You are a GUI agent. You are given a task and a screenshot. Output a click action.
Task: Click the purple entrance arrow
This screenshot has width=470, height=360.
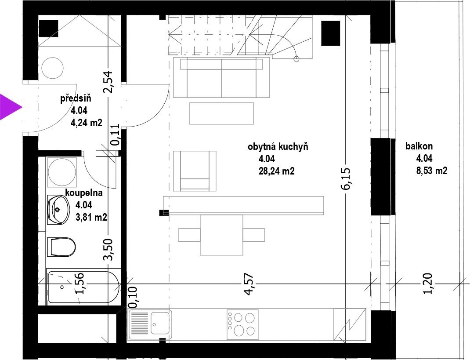[x=9, y=107]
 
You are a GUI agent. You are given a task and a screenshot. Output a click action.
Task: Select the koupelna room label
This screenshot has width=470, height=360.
[x=84, y=193]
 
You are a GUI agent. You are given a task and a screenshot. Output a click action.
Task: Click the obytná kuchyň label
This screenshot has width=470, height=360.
[x=278, y=147]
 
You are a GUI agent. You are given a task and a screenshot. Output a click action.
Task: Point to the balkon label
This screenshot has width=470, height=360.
[x=419, y=146]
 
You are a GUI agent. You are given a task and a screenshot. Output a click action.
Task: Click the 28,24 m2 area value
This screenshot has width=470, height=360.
[x=276, y=171]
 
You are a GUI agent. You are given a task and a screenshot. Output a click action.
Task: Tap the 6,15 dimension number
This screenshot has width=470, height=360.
[x=345, y=179]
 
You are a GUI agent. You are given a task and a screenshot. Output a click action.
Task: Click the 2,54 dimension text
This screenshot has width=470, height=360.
[x=108, y=82]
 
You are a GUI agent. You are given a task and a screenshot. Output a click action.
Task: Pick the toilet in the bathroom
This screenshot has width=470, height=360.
[x=61, y=247]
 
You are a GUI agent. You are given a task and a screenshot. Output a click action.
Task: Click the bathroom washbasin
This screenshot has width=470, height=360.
[x=58, y=210]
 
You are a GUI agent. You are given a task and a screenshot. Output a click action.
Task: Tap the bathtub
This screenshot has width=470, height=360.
[x=83, y=287]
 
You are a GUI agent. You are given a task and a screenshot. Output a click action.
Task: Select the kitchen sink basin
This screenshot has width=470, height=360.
[x=160, y=323]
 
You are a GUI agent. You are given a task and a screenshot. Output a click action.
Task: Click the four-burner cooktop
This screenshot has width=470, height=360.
[x=242, y=324]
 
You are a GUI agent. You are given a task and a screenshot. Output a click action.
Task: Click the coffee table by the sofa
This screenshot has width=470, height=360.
[x=221, y=113]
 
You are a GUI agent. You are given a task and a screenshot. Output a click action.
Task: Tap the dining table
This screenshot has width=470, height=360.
[x=221, y=235]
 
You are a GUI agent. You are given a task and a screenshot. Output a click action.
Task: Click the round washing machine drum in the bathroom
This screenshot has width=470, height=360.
[x=61, y=172]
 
